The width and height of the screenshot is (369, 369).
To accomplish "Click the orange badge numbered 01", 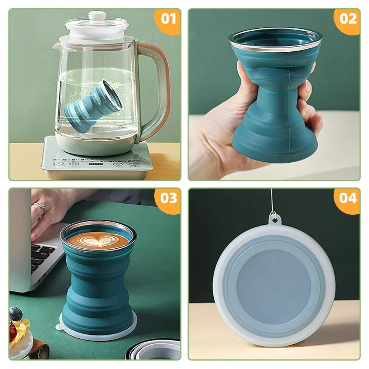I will pos(169,19).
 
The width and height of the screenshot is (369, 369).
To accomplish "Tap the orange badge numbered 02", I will pos(348,19).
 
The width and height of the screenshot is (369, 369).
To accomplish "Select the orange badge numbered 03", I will pos(169,199).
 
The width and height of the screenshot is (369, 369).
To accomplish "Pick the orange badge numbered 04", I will pos(348,199).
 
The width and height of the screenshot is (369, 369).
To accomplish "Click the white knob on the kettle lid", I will pos(97,16).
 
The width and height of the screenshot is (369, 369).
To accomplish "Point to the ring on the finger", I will pos(40,207).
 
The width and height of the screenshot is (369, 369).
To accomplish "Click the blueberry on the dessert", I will pos(15,314).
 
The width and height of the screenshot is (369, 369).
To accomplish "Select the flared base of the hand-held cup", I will pos(275,140).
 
